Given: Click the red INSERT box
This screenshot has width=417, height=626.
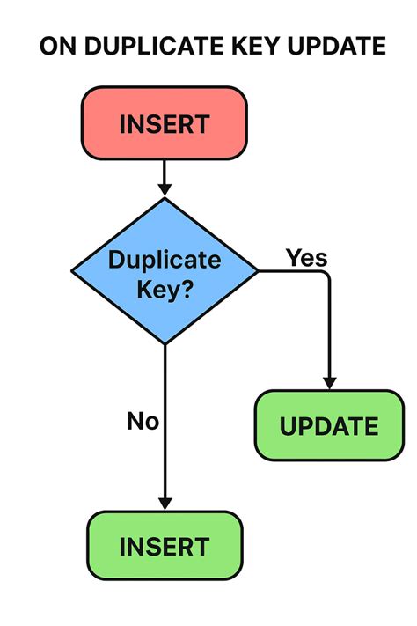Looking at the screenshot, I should coord(165,123).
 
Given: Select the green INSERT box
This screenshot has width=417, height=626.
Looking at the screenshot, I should coord(165,546).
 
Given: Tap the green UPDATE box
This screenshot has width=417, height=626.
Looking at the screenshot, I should coord(329,426).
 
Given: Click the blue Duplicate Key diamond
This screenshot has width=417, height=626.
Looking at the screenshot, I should coord(165,271).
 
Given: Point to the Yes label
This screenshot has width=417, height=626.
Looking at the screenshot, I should coord(306,258).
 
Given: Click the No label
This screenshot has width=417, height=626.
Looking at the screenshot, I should coord(143,421).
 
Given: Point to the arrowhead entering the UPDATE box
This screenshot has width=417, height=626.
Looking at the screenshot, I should coord(329,383).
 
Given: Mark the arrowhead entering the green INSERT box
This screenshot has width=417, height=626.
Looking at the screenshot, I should coord(165,504).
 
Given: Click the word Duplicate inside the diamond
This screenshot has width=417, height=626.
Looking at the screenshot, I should coord(165,260).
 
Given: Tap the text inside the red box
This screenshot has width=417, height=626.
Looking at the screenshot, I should coord(165,123).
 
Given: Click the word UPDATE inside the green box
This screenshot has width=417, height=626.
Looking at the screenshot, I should coord(329,427).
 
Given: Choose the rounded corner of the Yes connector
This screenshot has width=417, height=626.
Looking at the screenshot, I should coord(326,275).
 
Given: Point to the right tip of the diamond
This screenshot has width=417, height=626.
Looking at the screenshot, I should coord(258,271).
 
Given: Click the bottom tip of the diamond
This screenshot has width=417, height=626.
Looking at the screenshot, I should coord(165,344).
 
